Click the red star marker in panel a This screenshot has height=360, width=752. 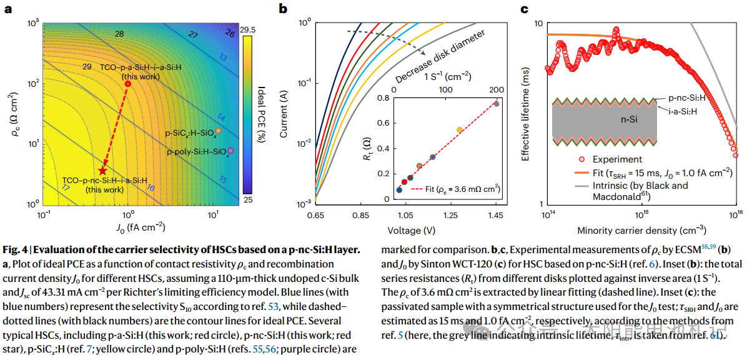(103, 171)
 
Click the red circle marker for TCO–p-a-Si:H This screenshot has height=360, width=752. (127, 84)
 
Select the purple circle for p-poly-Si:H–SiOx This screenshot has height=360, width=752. (230, 151)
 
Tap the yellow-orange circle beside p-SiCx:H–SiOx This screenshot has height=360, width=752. (218, 131)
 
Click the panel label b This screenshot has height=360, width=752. (283, 9)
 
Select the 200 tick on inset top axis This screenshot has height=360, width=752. (497, 90)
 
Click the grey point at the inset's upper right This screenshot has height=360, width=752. (497, 103)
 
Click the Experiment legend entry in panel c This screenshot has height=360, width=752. (609, 159)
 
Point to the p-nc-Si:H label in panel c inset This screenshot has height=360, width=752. (688, 98)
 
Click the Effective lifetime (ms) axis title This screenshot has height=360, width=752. (526, 114)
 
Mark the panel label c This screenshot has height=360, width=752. (524, 9)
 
